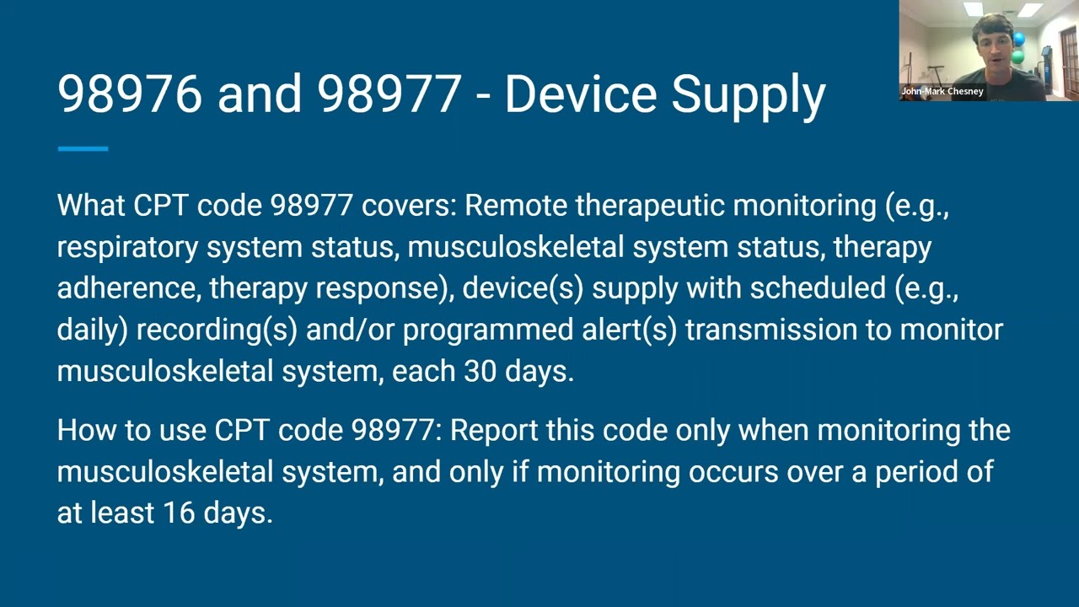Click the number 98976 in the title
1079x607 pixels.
[x=130, y=94]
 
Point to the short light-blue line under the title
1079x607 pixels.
[x=83, y=149]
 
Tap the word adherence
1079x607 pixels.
[x=128, y=288]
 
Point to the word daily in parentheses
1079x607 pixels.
[x=89, y=330]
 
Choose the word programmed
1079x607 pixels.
[x=488, y=330]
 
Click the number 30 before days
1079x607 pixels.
[x=480, y=371]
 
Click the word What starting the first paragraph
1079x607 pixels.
[x=90, y=206]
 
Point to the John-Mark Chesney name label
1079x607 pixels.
[x=942, y=91]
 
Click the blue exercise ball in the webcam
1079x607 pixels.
[x=1020, y=40]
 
